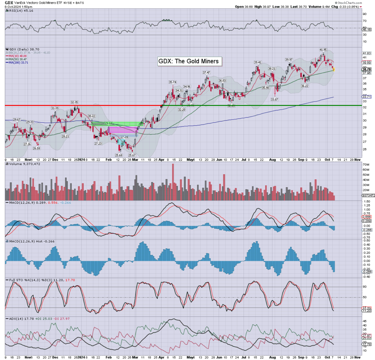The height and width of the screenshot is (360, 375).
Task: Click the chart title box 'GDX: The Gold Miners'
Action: [190, 61]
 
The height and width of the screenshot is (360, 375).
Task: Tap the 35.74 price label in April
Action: [173, 82]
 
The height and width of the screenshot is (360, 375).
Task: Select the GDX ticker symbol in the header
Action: [9, 3]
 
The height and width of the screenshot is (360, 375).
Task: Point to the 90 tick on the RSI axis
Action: [365, 14]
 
